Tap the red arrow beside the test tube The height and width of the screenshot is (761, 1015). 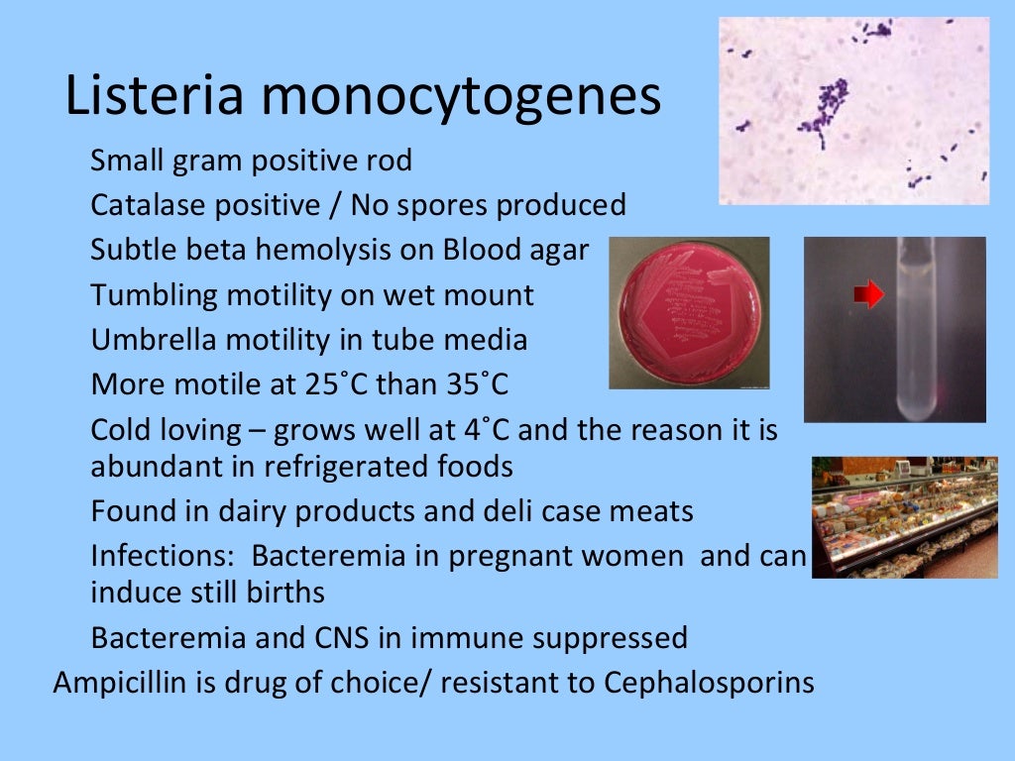tap(868, 294)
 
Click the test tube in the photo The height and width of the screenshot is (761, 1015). tap(916, 327)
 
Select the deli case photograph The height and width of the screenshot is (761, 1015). tap(904, 517)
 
